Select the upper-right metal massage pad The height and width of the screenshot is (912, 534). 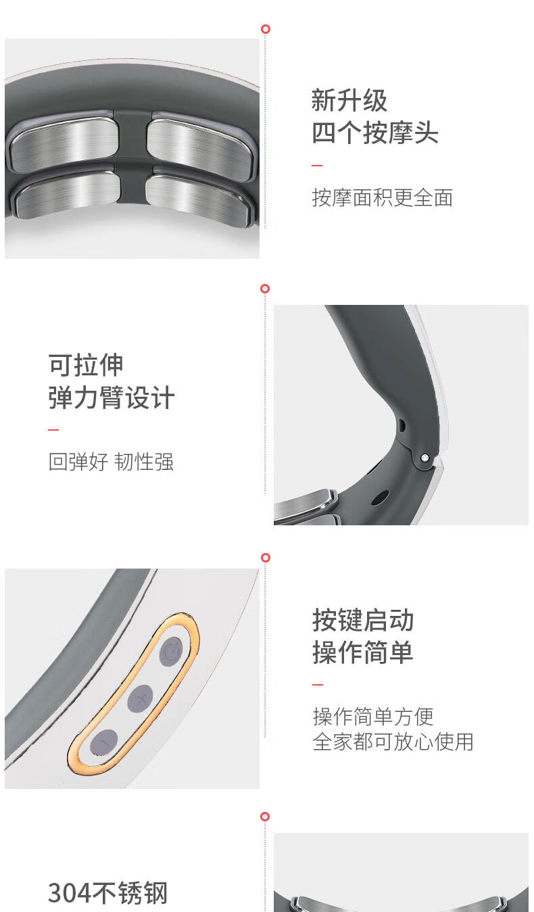[x=200, y=148]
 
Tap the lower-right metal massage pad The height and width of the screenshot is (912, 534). [x=197, y=197]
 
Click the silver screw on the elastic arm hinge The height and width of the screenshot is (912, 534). [x=424, y=458]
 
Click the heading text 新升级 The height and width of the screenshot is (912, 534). [x=349, y=100]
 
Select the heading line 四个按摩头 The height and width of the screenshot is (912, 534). [x=375, y=133]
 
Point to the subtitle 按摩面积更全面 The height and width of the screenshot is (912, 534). [x=382, y=198]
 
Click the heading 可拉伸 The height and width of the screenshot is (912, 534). [x=86, y=365]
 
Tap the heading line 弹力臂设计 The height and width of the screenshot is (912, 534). [x=112, y=398]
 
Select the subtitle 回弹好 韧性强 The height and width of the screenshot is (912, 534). [x=111, y=462]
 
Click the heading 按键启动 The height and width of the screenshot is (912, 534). [x=363, y=620]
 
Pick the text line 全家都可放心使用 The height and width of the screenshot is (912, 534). [x=393, y=742]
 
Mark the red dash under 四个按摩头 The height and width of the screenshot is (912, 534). [x=317, y=166]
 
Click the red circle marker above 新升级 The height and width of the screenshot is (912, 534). [x=266, y=29]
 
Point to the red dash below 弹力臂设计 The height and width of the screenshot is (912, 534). [x=53, y=429]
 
